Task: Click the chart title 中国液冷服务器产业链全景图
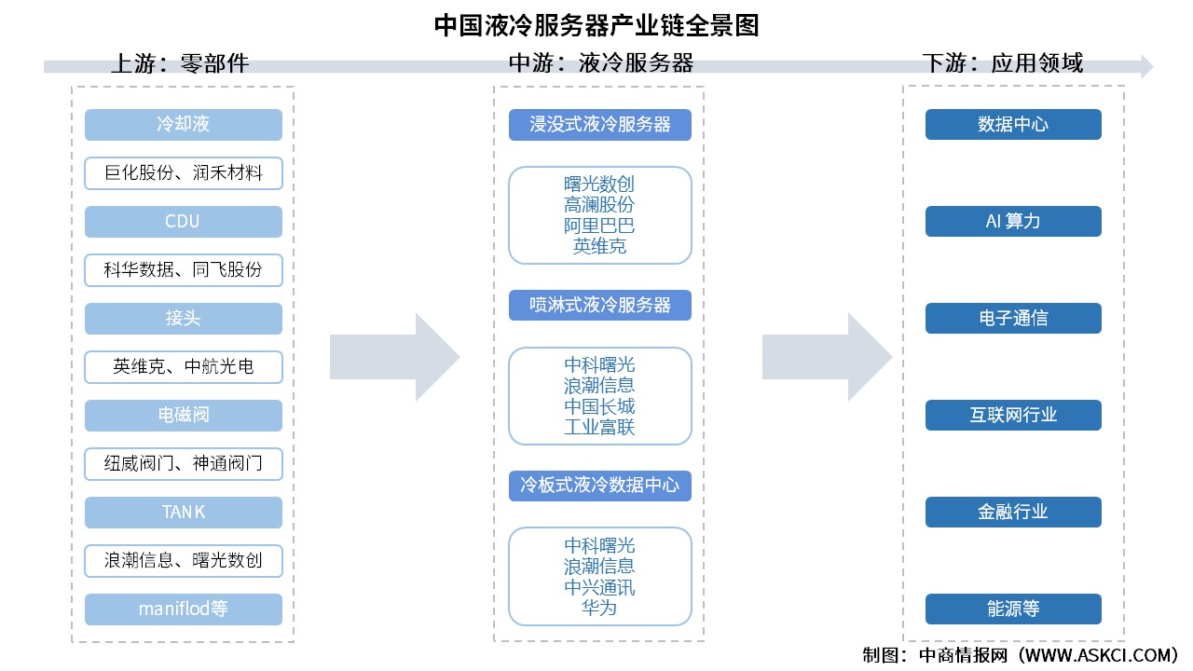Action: (x=596, y=25)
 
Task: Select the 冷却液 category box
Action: (x=184, y=125)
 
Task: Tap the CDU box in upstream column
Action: (x=184, y=222)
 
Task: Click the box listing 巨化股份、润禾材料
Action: (x=184, y=173)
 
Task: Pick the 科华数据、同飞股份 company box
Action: (x=184, y=270)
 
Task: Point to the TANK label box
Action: (x=184, y=513)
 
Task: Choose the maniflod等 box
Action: (x=184, y=609)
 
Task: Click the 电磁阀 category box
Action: (x=184, y=416)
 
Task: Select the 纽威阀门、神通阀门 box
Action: (x=184, y=464)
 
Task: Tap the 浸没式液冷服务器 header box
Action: (x=600, y=125)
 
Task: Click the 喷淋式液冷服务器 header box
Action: (x=600, y=306)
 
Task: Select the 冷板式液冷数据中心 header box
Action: (x=600, y=486)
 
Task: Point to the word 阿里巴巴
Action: (x=599, y=226)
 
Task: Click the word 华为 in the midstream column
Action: (x=599, y=609)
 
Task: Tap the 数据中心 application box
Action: (x=1013, y=125)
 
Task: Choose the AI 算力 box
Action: (x=1013, y=222)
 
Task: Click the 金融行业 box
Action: (x=1013, y=513)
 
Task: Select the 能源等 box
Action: (x=1013, y=609)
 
